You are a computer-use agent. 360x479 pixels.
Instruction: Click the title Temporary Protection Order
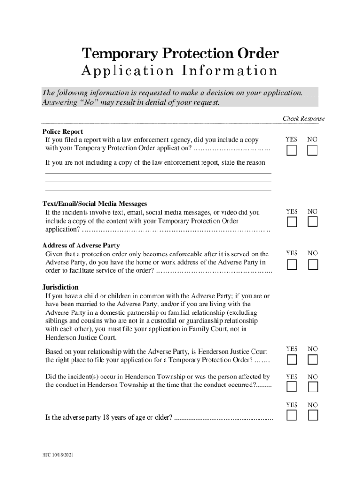click(180, 54)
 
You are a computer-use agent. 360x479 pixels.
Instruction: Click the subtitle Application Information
click(180, 71)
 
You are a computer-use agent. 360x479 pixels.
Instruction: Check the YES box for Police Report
click(292, 151)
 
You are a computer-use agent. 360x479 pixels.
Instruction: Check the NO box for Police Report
click(312, 151)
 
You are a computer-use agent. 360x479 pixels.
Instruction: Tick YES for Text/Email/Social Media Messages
click(292, 222)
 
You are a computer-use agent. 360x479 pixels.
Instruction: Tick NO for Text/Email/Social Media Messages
click(312, 222)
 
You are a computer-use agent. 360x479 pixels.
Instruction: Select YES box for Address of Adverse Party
click(292, 264)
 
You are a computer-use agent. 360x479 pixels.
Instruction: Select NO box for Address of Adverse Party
click(312, 264)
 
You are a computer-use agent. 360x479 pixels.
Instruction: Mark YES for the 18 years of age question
click(292, 415)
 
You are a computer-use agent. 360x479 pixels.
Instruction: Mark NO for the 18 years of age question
click(312, 415)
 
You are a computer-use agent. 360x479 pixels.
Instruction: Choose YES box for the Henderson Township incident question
click(292, 387)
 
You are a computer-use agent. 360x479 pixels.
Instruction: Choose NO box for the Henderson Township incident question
click(312, 387)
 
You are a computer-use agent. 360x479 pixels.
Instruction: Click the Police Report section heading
click(63, 132)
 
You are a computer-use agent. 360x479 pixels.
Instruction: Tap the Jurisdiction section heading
click(60, 287)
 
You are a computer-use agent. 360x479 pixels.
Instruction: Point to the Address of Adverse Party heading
click(81, 246)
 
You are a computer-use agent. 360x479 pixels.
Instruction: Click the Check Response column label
click(303, 119)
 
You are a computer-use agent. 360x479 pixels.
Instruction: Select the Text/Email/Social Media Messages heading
click(94, 204)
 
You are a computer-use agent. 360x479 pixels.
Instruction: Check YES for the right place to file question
click(292, 359)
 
